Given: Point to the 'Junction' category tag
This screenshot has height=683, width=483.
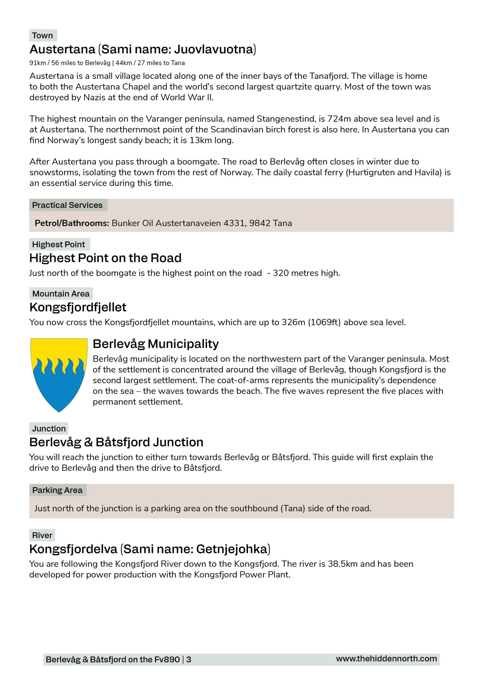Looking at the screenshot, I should click(49, 429).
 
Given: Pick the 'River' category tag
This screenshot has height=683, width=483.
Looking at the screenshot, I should click(42, 535).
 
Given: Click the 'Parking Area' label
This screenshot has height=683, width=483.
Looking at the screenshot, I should click(57, 490).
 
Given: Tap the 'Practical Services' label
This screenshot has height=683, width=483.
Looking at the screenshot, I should click(67, 205).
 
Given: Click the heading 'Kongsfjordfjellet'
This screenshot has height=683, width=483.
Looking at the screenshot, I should click(78, 307).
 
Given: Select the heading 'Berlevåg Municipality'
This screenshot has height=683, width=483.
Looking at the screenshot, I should click(156, 344).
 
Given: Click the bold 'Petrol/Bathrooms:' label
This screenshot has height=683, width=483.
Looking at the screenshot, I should click(72, 223).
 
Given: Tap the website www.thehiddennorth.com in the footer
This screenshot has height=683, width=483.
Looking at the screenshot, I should click(386, 659).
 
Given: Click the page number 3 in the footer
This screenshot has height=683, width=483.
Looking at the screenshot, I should click(189, 660).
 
